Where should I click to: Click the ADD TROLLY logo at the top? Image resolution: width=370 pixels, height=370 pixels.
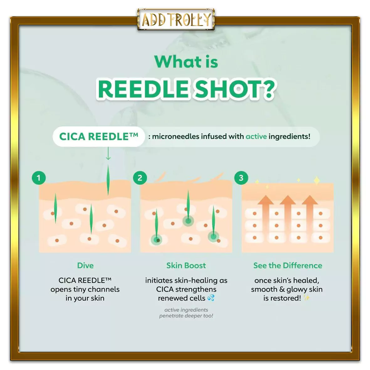[x=176, y=19]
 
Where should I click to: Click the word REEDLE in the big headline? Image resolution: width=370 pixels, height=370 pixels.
[x=143, y=89]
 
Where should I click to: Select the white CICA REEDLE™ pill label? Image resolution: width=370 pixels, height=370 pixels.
[x=99, y=137]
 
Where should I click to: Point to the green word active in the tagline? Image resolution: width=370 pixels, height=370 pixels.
[x=256, y=136]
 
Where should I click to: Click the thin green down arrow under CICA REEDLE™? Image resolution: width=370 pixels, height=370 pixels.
[x=108, y=154]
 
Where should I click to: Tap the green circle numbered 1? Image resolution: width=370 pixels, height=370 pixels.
[x=39, y=178]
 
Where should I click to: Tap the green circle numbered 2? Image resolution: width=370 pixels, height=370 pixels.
[x=140, y=178]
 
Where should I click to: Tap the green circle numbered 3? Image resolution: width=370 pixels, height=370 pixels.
[x=241, y=178]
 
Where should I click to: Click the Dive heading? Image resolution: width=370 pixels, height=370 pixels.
[x=86, y=265]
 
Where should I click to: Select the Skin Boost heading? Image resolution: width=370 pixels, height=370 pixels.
[x=186, y=265]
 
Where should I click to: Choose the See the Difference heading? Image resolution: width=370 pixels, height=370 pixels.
[x=288, y=265]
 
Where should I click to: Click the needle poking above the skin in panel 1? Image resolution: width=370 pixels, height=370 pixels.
[x=108, y=180]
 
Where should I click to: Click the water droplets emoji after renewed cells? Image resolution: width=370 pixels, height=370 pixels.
[x=211, y=298]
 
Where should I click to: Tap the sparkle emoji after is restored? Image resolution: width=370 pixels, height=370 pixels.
[x=306, y=298]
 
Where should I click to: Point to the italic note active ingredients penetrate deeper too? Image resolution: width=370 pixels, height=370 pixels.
[x=186, y=313]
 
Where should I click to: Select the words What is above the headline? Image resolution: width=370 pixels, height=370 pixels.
[x=186, y=62]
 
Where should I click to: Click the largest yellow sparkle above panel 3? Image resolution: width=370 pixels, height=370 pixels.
[x=317, y=180]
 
